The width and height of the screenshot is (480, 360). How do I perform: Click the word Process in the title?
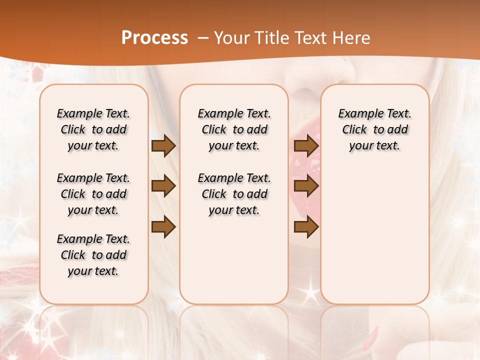tap(154, 37)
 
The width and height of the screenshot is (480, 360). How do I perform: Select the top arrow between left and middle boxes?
tap(163, 146)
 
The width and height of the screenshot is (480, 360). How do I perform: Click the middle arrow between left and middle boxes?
tap(163, 186)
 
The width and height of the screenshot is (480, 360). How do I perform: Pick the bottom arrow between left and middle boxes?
tap(163, 227)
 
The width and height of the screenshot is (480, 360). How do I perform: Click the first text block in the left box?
tap(93, 129)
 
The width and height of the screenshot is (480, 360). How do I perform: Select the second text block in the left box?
tap(93, 194)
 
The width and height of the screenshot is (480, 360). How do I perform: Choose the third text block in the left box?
tap(93, 255)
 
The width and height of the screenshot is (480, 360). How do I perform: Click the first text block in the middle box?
tap(234, 129)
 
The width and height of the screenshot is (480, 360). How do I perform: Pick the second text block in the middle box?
tap(234, 194)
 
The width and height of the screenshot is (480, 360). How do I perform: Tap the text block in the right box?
tap(375, 129)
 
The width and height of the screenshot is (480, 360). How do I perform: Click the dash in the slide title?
tap(203, 37)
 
